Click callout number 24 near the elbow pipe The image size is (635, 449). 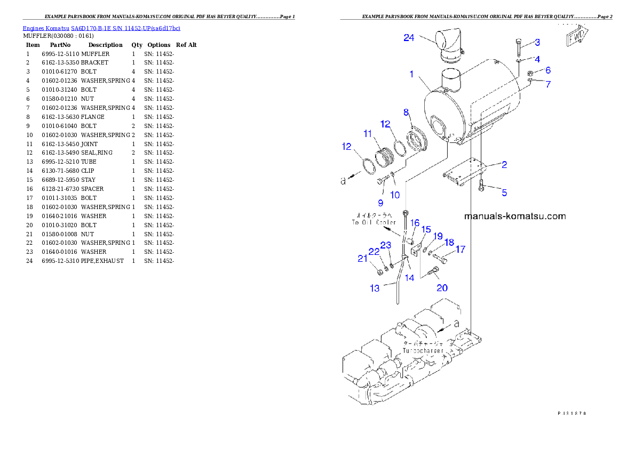tap(409, 38)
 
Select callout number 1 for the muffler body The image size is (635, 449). tap(411, 74)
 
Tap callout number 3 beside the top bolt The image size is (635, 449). tap(537, 42)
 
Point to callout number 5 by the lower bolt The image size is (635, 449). tap(504, 193)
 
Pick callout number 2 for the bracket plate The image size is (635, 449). tap(504, 165)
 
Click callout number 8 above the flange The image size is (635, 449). tap(406, 113)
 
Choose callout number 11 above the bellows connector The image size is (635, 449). tap(368, 134)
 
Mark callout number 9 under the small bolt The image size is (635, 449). tap(380, 203)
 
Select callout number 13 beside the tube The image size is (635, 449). tap(375, 288)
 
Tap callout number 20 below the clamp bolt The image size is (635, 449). tap(442, 288)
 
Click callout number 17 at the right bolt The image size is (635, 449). tap(460, 249)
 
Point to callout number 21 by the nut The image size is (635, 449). tap(363, 259)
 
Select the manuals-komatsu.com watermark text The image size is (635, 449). tap(515, 216)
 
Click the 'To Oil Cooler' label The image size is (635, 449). tap(374, 222)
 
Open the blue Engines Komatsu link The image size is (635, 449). tap(101, 28)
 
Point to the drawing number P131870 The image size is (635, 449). tap(572, 413)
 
